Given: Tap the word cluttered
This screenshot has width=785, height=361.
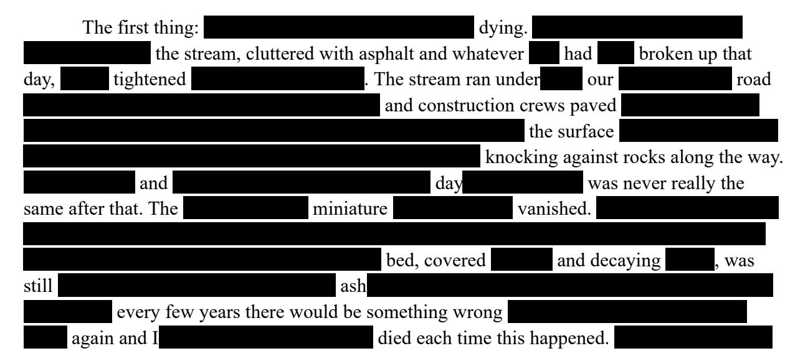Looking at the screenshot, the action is tap(274, 55).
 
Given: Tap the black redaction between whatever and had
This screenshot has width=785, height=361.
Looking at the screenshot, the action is tap(543, 55).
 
